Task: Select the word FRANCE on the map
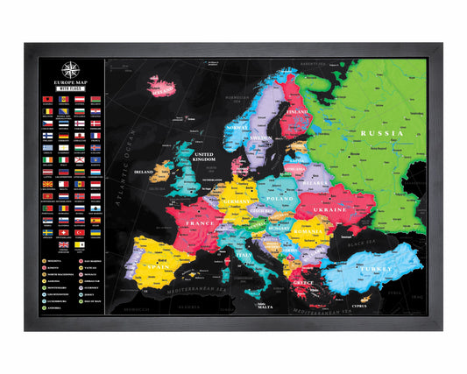tap(199, 224)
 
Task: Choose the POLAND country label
tap(279, 199)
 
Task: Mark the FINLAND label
tap(297, 113)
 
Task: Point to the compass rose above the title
tap(72, 68)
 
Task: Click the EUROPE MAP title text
tap(72, 81)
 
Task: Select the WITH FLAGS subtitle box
tap(72, 88)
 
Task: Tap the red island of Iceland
tap(163, 87)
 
